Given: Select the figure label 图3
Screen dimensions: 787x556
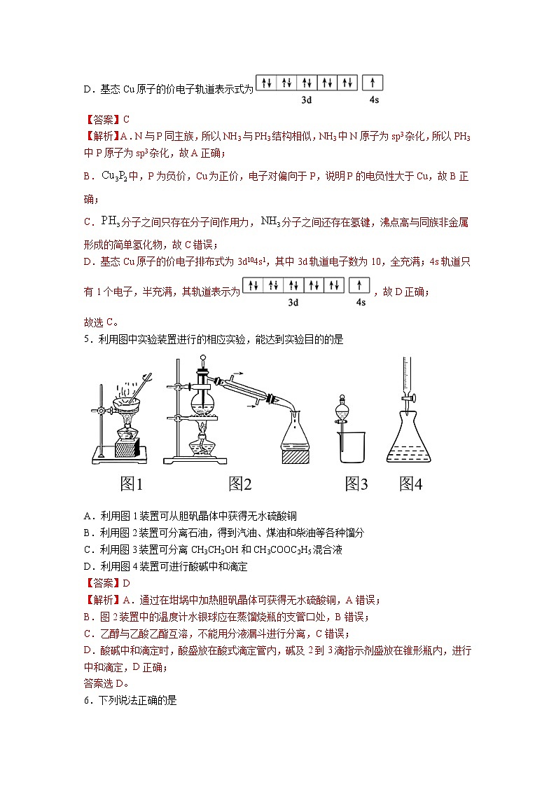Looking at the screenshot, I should [x=356, y=484].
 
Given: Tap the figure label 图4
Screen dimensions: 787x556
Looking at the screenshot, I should [x=411, y=484].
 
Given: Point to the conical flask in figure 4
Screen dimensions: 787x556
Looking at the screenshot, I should [x=410, y=438].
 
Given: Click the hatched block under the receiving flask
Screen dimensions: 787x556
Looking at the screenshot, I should [x=300, y=456].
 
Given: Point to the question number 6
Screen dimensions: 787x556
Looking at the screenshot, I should [x=87, y=699].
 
